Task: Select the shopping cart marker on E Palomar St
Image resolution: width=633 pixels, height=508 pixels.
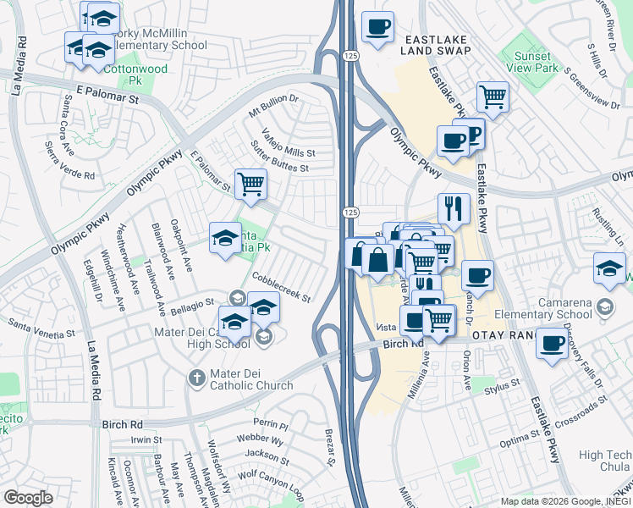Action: coord(250,184)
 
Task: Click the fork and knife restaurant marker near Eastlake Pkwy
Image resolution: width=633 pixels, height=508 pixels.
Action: coord(454,207)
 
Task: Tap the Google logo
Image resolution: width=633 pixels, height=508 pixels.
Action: coord(28,497)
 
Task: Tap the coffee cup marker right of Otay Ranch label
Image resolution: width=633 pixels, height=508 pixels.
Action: coord(553,345)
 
